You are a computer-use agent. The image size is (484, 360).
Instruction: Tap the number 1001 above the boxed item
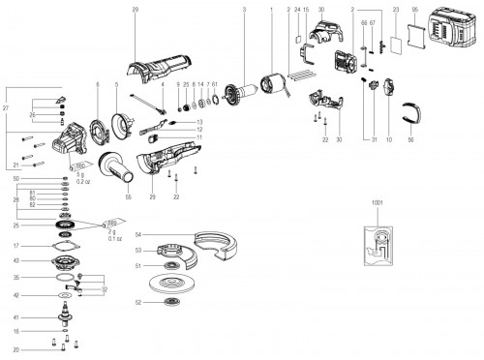point(377,204)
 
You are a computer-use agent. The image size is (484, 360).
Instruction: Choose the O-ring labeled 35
point(65,278)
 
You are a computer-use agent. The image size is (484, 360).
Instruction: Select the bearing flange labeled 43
point(66,260)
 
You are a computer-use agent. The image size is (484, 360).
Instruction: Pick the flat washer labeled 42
point(65,295)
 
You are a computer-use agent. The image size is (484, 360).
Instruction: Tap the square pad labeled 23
point(395,45)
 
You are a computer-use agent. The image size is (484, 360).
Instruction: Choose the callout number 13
point(198,120)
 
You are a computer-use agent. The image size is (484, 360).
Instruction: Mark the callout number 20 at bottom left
point(16,347)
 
